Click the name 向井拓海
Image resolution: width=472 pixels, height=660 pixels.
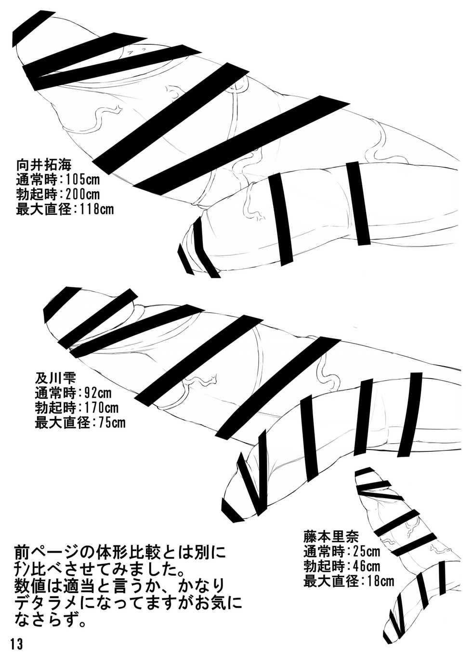coord(44,165)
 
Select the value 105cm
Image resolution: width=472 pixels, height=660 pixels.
coord(83,179)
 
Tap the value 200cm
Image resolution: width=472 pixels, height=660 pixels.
coord(83,195)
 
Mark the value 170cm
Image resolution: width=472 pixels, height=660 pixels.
coord(101,408)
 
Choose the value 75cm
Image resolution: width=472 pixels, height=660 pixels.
coord(112,423)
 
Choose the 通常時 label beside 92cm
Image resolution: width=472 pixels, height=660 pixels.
coord(55,393)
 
